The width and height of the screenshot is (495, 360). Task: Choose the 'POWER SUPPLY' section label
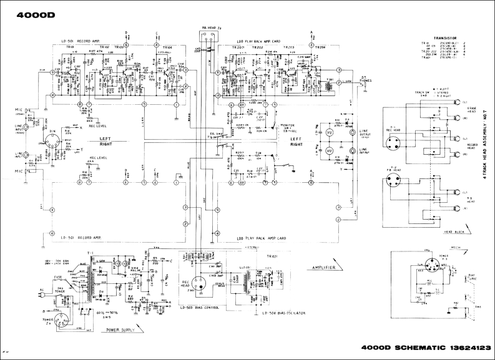point(122,329)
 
